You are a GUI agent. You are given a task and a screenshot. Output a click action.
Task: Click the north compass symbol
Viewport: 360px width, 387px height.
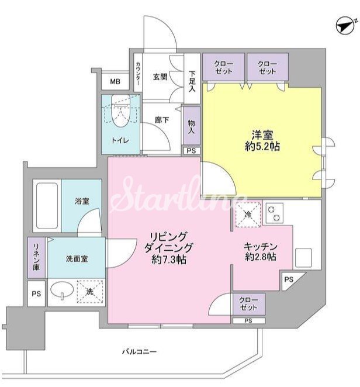click(346, 26)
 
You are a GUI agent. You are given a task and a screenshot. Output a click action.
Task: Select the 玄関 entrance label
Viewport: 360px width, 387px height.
click(161, 77)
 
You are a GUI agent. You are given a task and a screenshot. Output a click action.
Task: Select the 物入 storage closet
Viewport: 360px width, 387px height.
click(191, 125)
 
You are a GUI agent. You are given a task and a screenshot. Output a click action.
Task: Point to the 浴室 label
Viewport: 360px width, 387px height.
click(81, 201)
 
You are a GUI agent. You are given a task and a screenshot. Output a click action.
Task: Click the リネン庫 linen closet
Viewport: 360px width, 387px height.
click(36, 258)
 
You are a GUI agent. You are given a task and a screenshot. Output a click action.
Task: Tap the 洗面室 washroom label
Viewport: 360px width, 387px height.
click(76, 257)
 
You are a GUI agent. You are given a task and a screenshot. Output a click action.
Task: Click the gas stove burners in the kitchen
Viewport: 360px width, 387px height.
click(274, 214)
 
